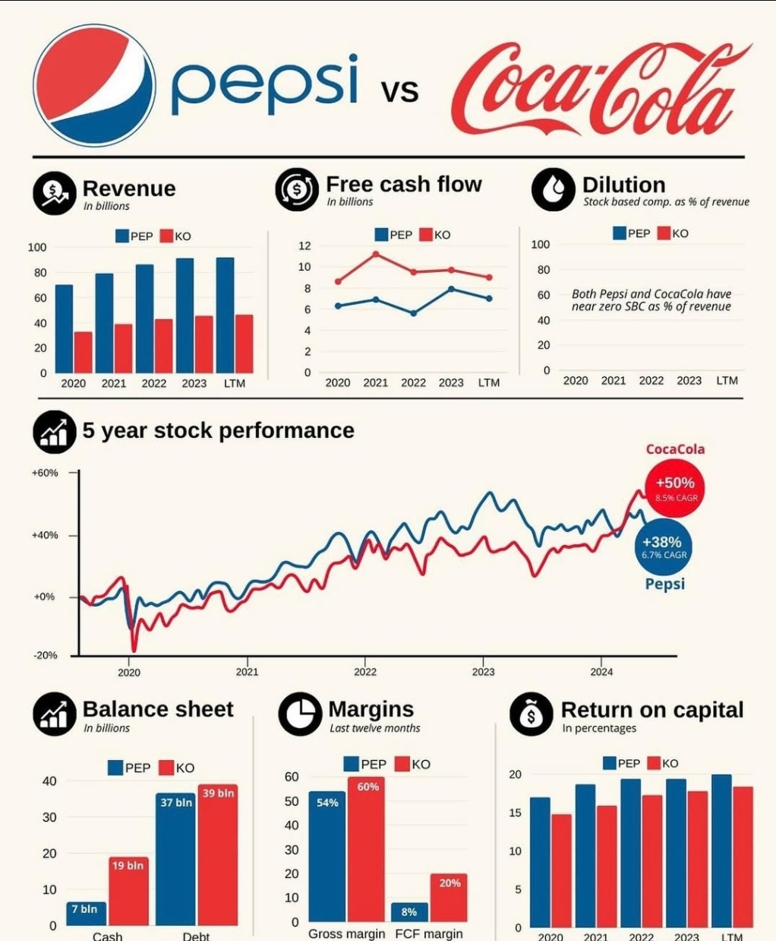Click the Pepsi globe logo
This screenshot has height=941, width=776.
tap(94, 85)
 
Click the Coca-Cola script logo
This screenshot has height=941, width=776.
tap(600, 87)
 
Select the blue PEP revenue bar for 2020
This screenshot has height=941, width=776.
tap(65, 328)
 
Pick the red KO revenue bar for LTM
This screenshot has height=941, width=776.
tap(244, 344)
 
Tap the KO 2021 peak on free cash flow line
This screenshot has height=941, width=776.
tap(376, 254)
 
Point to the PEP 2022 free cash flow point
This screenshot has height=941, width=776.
tap(414, 313)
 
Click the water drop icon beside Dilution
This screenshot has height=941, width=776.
tap(553, 189)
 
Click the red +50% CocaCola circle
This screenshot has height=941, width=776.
tap(675, 488)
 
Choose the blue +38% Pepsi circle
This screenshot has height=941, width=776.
tap(662, 547)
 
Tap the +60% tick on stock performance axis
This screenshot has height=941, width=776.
tap(45, 473)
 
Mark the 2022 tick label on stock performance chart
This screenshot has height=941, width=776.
tap(365, 672)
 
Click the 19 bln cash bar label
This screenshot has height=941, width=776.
tap(128, 865)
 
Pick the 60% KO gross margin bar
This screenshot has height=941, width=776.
tap(367, 848)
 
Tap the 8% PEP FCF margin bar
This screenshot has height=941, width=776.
tap(409, 912)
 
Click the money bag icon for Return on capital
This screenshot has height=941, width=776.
tap(531, 714)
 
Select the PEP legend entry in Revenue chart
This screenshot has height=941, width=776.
tap(134, 236)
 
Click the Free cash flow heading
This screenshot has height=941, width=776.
tap(403, 184)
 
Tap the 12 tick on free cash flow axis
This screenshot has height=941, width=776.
tap(304, 246)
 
